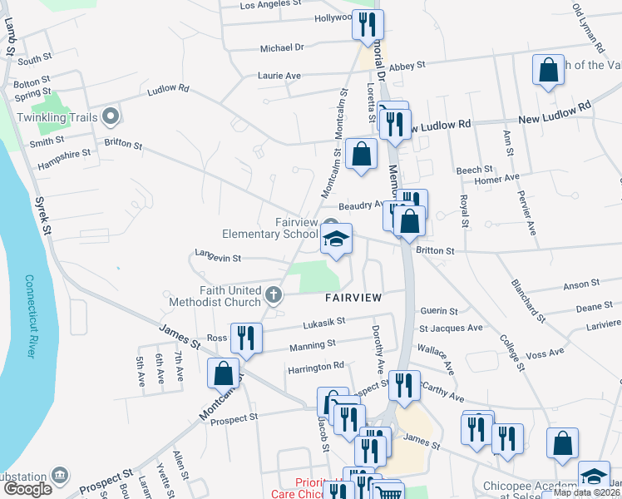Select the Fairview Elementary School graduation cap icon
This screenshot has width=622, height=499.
pyautogui.click(x=336, y=240)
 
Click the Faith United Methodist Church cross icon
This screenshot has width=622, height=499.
pyautogui.click(x=272, y=294)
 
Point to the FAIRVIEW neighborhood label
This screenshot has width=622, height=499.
pyautogui.click(x=353, y=297)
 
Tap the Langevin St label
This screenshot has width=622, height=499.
pyautogui.click(x=218, y=259)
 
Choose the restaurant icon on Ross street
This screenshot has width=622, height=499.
pyautogui.click(x=245, y=338)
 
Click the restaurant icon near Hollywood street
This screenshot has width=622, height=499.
pyautogui.click(x=367, y=24)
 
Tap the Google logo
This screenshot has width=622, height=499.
pyautogui.click(x=27, y=488)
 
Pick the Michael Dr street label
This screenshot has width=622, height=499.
pyautogui.click(x=282, y=48)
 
